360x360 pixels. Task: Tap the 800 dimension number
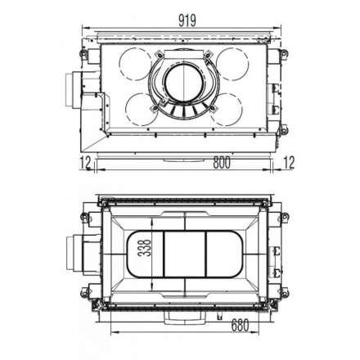click(188, 162)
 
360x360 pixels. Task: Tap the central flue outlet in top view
click(184, 86)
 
